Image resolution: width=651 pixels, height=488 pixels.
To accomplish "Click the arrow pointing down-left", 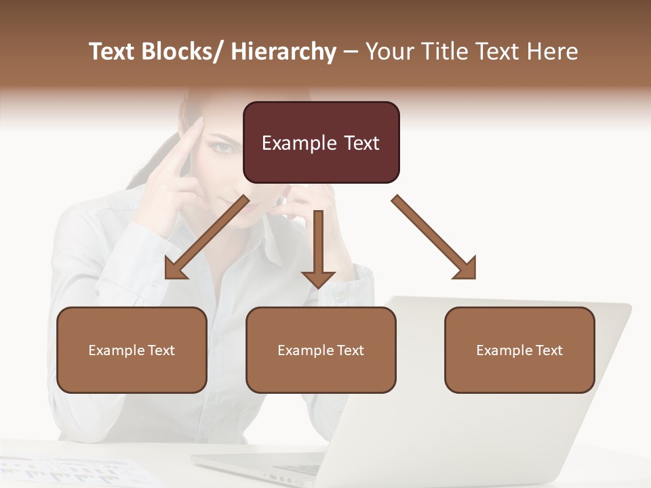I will coord(207,237).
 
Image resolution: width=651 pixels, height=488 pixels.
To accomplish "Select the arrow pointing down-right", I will coord(434,237).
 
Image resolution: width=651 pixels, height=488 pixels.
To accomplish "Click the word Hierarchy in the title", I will coord(283,52).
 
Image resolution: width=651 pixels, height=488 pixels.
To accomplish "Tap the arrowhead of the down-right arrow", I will coord(466,268).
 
